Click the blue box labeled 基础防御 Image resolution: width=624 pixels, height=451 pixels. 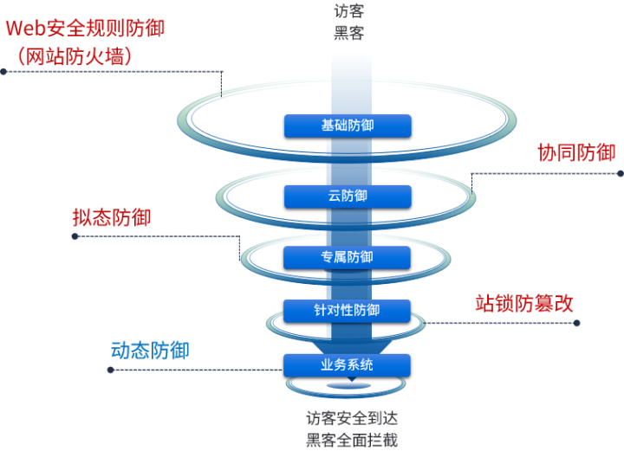[348, 126]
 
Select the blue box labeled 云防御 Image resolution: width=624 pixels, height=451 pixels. [348, 196]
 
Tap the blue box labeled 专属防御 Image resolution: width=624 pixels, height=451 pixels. [348, 256]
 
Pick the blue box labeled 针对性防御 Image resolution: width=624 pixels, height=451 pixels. [348, 310]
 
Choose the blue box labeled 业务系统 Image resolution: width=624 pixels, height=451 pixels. [348, 364]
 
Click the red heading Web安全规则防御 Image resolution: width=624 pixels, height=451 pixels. [85, 27]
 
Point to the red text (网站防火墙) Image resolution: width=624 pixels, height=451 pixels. [74, 56]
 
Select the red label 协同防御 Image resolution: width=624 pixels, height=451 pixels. [576, 152]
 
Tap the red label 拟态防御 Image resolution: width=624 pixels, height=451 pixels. [112, 216]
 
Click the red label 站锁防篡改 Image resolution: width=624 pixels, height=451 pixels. [524, 302]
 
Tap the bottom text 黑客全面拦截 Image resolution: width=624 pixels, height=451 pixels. [352, 439]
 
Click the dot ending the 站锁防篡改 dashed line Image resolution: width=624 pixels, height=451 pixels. [576, 323]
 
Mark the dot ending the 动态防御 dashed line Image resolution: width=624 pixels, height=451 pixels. [110, 370]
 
